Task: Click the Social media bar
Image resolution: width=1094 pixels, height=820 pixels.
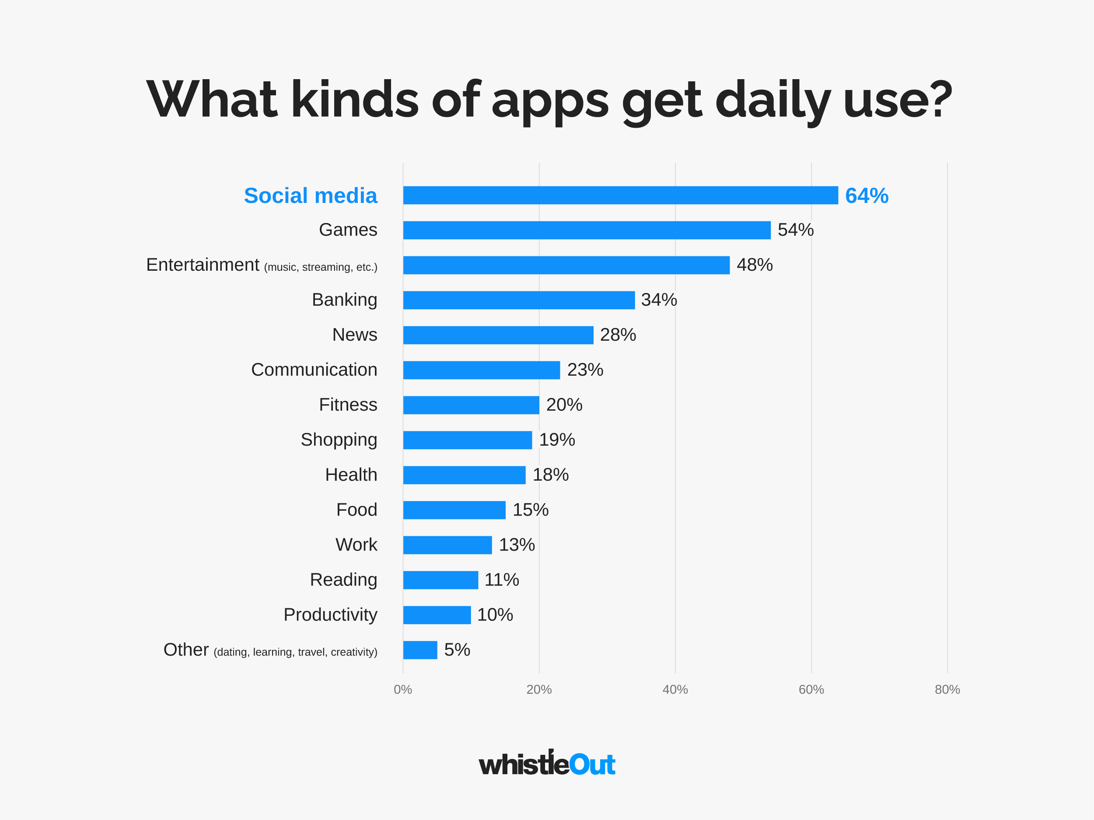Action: (x=620, y=195)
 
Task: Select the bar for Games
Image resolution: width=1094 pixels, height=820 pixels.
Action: (x=587, y=230)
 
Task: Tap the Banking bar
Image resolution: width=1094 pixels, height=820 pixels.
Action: (x=519, y=300)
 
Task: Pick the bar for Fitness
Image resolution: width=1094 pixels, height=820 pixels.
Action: (x=471, y=405)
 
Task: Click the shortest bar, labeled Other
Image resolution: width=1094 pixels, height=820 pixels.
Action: (x=420, y=650)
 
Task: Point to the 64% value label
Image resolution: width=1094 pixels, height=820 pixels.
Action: (x=867, y=196)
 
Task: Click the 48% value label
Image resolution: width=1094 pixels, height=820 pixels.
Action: (x=754, y=265)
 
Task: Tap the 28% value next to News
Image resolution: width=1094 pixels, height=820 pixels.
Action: (x=618, y=335)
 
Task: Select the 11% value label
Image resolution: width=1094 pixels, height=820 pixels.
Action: (x=501, y=579)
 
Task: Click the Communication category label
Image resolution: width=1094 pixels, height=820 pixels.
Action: (x=314, y=370)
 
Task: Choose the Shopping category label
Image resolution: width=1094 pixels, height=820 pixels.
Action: (x=339, y=440)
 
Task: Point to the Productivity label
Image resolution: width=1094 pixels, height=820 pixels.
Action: (x=330, y=615)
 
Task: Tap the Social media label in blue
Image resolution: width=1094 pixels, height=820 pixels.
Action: (x=310, y=196)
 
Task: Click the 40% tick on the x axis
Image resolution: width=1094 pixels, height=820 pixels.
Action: (x=675, y=689)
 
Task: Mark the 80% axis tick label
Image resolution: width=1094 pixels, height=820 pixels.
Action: (x=947, y=689)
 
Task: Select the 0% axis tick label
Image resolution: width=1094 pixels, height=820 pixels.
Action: (x=402, y=689)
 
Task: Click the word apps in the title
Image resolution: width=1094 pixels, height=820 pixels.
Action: (x=549, y=101)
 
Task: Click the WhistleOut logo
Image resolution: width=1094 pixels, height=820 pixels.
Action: (x=547, y=764)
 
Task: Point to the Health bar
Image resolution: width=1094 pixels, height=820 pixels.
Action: (x=464, y=475)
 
